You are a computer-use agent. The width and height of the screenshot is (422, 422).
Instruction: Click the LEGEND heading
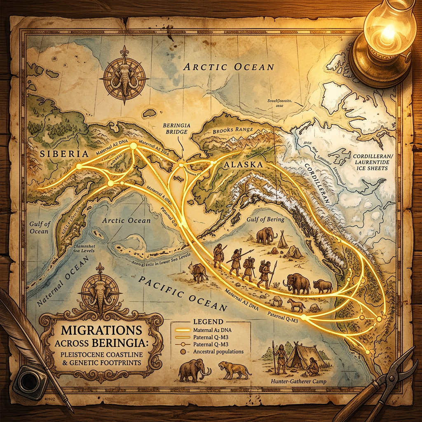coord(210,321)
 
